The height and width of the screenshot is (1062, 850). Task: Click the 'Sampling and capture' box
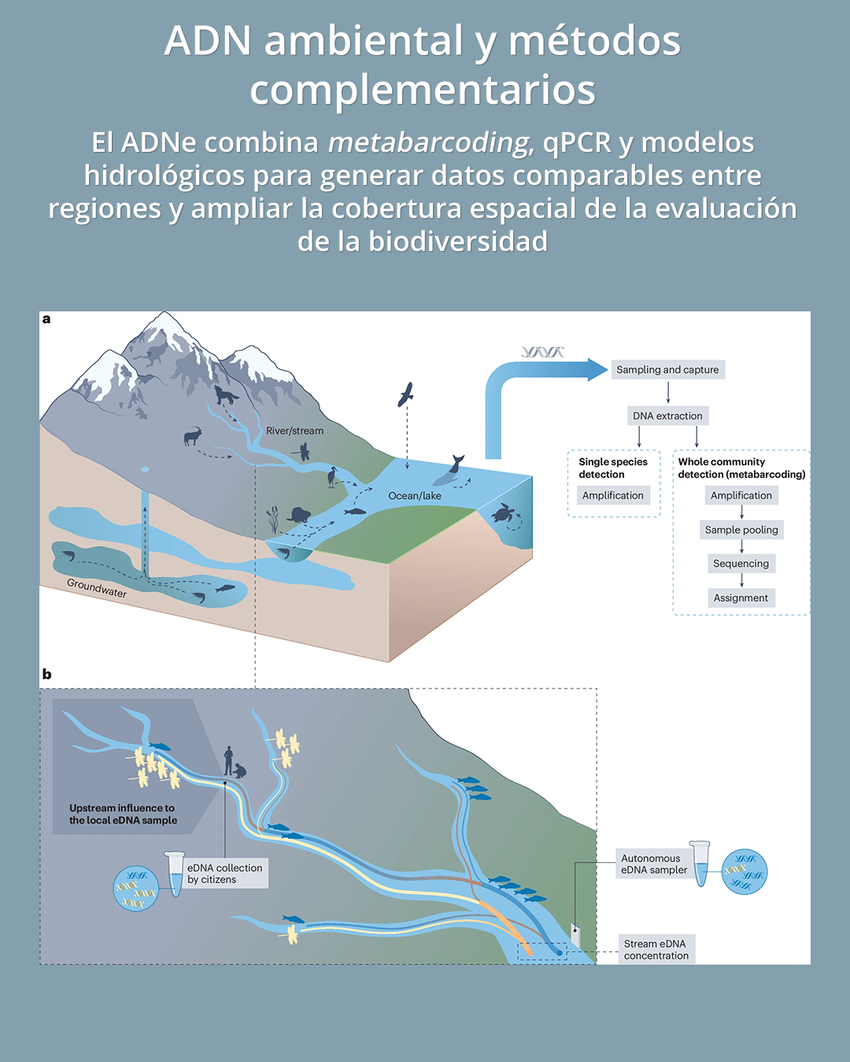pyautogui.click(x=667, y=370)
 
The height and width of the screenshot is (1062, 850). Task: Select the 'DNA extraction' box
pyautogui.click(x=667, y=416)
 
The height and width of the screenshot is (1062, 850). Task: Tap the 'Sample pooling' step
pyautogui.click(x=741, y=530)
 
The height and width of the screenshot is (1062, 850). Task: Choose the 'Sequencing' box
pyautogui.click(x=741, y=564)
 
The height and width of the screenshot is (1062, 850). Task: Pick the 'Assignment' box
pyautogui.click(x=741, y=599)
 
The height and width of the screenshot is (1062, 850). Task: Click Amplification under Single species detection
pyautogui.click(x=613, y=496)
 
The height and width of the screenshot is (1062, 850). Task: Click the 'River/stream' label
pyautogui.click(x=294, y=431)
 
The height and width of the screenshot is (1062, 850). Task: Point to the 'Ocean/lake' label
pyautogui.click(x=415, y=496)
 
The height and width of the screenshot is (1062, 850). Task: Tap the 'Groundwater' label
pyautogui.click(x=97, y=588)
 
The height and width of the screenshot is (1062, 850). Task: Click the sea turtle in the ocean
pyautogui.click(x=504, y=514)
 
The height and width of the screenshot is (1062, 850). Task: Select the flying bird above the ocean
pyautogui.click(x=406, y=394)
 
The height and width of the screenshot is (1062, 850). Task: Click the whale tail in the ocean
pyautogui.click(x=456, y=462)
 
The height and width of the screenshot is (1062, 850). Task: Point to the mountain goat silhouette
pyautogui.click(x=193, y=435)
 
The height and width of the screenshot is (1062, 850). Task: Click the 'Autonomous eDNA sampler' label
pyautogui.click(x=653, y=865)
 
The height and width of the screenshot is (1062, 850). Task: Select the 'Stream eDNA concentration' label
pyautogui.click(x=656, y=950)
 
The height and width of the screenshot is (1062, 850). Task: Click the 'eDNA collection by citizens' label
pyautogui.click(x=224, y=874)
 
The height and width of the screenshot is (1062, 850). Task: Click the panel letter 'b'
pyautogui.click(x=46, y=675)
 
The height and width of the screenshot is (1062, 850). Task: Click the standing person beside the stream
pyautogui.click(x=228, y=761)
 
